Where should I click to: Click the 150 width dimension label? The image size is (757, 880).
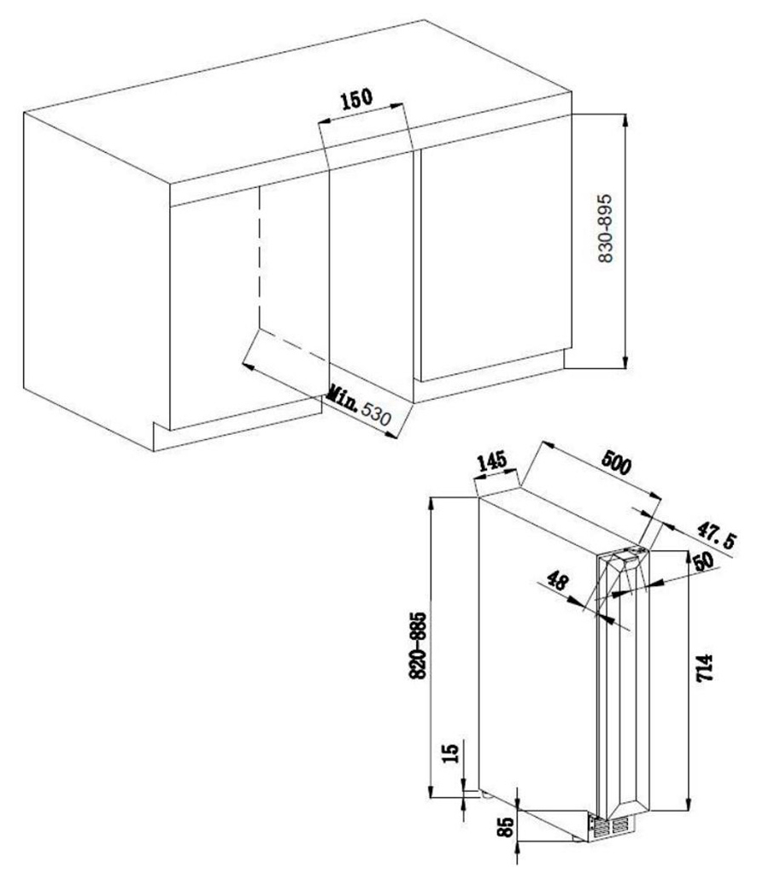point(357,98)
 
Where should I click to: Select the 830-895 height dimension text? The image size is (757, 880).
point(606,228)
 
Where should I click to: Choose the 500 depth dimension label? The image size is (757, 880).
point(616,463)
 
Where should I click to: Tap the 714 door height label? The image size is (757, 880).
point(704,667)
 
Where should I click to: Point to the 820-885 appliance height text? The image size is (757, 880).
point(418,646)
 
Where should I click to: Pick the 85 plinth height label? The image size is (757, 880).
point(506,827)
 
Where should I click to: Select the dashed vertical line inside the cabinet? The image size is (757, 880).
point(259,257)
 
